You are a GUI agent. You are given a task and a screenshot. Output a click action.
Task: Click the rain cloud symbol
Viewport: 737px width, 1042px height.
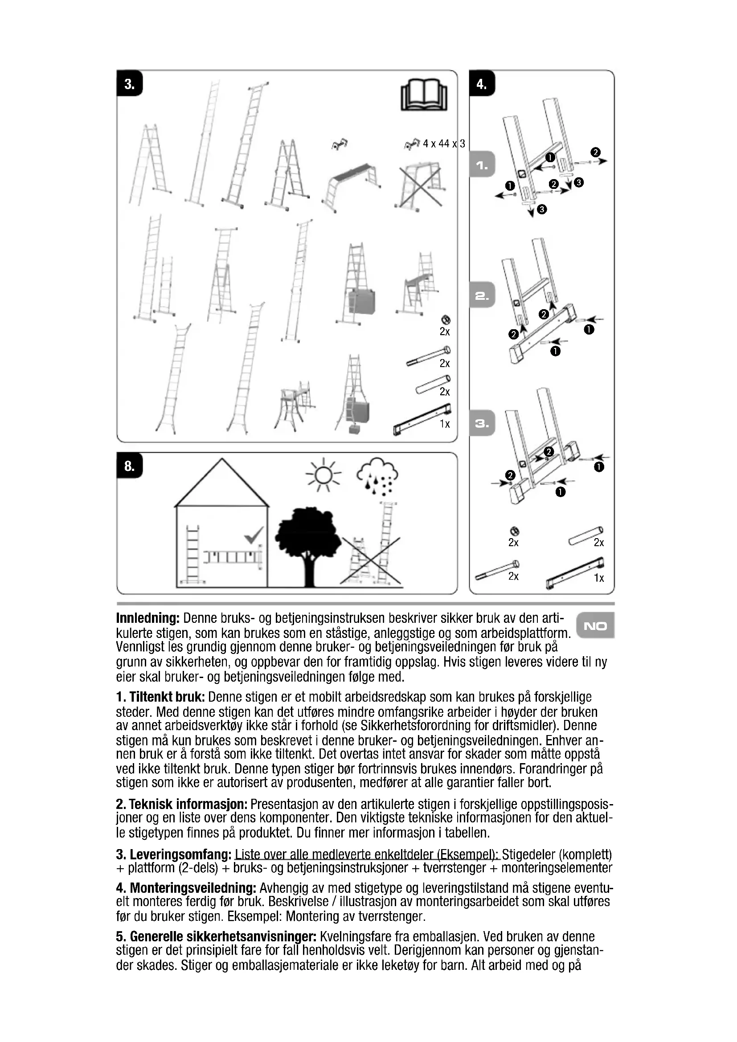(x=376, y=478)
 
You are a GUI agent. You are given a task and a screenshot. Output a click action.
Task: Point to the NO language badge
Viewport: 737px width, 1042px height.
(x=595, y=626)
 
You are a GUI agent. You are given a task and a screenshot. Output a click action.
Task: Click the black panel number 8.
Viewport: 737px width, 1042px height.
(x=129, y=466)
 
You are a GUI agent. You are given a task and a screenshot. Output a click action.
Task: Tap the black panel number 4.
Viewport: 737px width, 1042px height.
(x=482, y=83)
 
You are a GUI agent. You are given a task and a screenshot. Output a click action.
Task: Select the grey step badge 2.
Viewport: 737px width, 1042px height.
(x=482, y=296)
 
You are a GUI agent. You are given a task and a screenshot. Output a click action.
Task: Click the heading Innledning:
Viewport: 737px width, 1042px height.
(x=148, y=618)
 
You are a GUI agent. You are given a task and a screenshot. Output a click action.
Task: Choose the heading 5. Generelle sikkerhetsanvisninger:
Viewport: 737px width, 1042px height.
(x=216, y=937)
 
